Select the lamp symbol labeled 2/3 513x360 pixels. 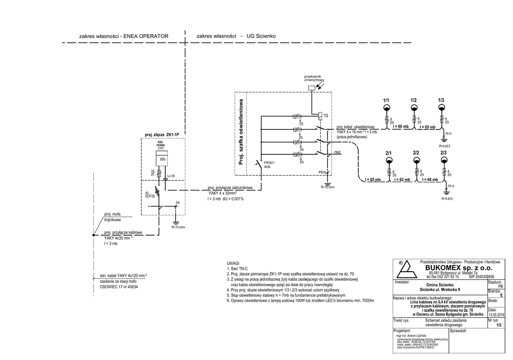point(443,160)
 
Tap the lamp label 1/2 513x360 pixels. point(414,101)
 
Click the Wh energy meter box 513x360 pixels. point(162,160)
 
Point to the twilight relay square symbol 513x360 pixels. point(312,88)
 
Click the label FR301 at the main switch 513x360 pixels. point(269,163)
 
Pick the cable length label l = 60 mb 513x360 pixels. point(401,127)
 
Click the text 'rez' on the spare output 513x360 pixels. point(338,151)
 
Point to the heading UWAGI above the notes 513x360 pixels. point(233,263)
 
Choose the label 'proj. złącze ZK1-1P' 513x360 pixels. point(162,135)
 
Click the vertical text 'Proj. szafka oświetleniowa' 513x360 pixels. point(241,132)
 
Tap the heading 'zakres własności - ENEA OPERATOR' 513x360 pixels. point(124,36)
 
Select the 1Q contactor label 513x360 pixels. point(326,115)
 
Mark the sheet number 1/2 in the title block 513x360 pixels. point(498,325)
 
